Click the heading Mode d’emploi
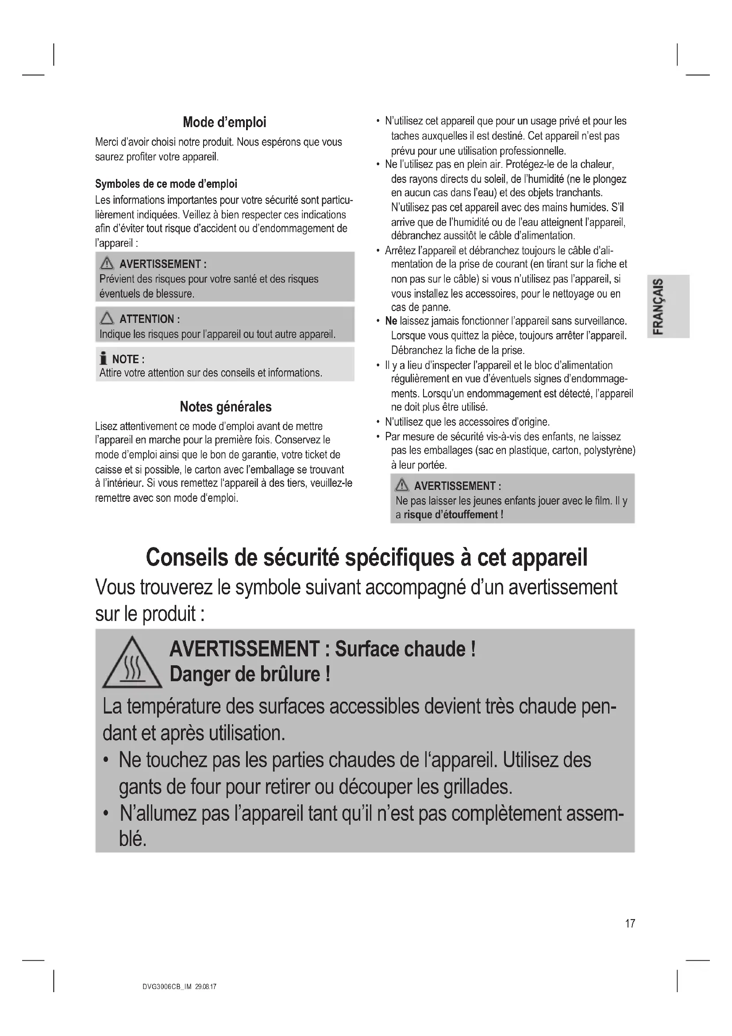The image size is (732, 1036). coord(224,122)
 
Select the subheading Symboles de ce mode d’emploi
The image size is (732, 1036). coord(166,184)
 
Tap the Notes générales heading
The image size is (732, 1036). coord(225,407)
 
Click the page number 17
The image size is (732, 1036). coord(630,923)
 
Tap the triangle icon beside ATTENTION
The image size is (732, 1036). coord(107,318)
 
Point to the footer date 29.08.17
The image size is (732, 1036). coord(206,987)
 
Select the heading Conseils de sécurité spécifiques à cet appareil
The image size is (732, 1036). coord(366,558)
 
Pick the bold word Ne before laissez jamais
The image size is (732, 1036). coord(390,321)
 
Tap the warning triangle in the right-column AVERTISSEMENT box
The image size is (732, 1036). coord(401,485)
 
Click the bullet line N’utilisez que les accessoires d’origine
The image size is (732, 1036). coord(467,423)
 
